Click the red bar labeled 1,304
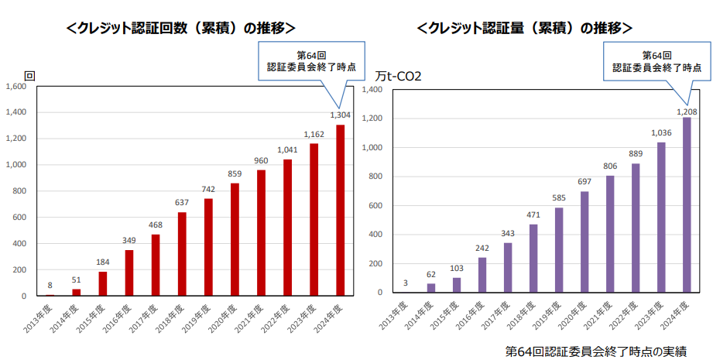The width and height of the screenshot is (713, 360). [340, 210]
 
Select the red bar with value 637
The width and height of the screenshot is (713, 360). [182, 254]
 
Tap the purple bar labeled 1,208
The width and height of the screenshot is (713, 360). [686, 205]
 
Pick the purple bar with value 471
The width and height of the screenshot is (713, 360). [533, 259]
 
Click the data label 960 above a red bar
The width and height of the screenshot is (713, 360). [261, 161]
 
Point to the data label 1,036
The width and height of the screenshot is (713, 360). [660, 132]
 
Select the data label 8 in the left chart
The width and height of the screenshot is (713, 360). [50, 286]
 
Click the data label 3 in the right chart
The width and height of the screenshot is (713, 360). [406, 283]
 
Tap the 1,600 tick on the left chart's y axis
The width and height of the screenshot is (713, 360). [16, 87]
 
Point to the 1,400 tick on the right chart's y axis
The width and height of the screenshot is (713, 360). [373, 90]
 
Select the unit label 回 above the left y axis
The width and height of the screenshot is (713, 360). [29, 76]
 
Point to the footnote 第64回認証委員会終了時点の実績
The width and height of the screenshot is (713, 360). [596, 351]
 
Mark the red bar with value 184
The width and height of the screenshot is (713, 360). [103, 283]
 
